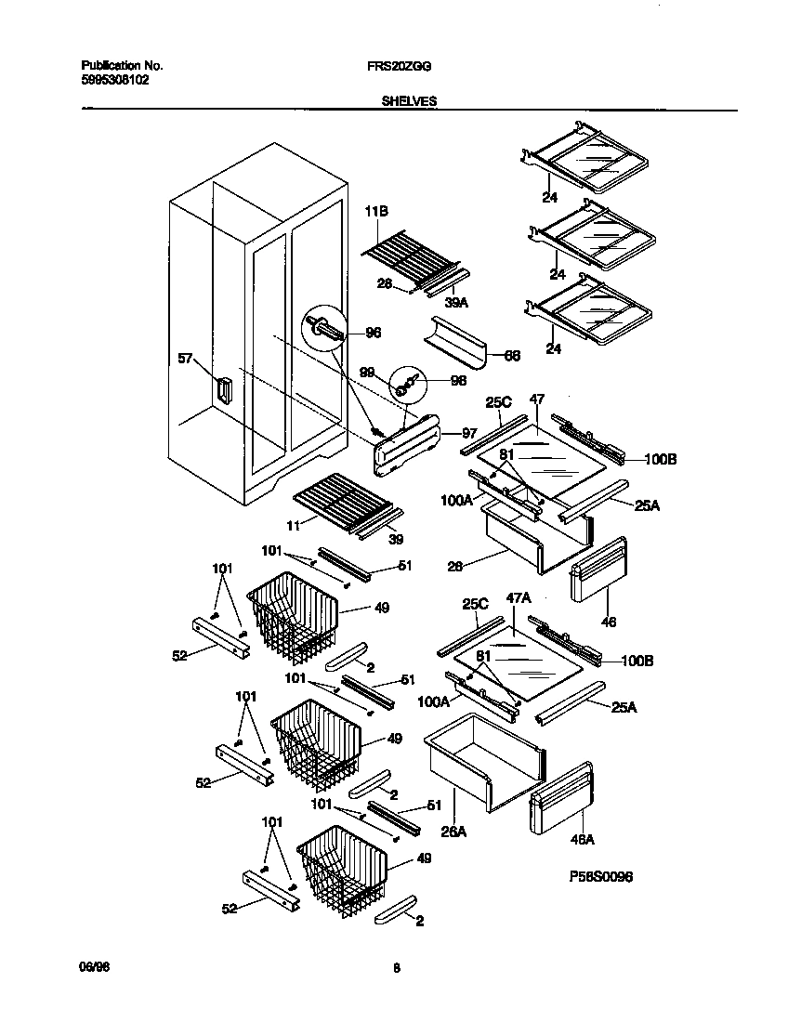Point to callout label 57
186,358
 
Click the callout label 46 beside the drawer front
609,622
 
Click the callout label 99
367,373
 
